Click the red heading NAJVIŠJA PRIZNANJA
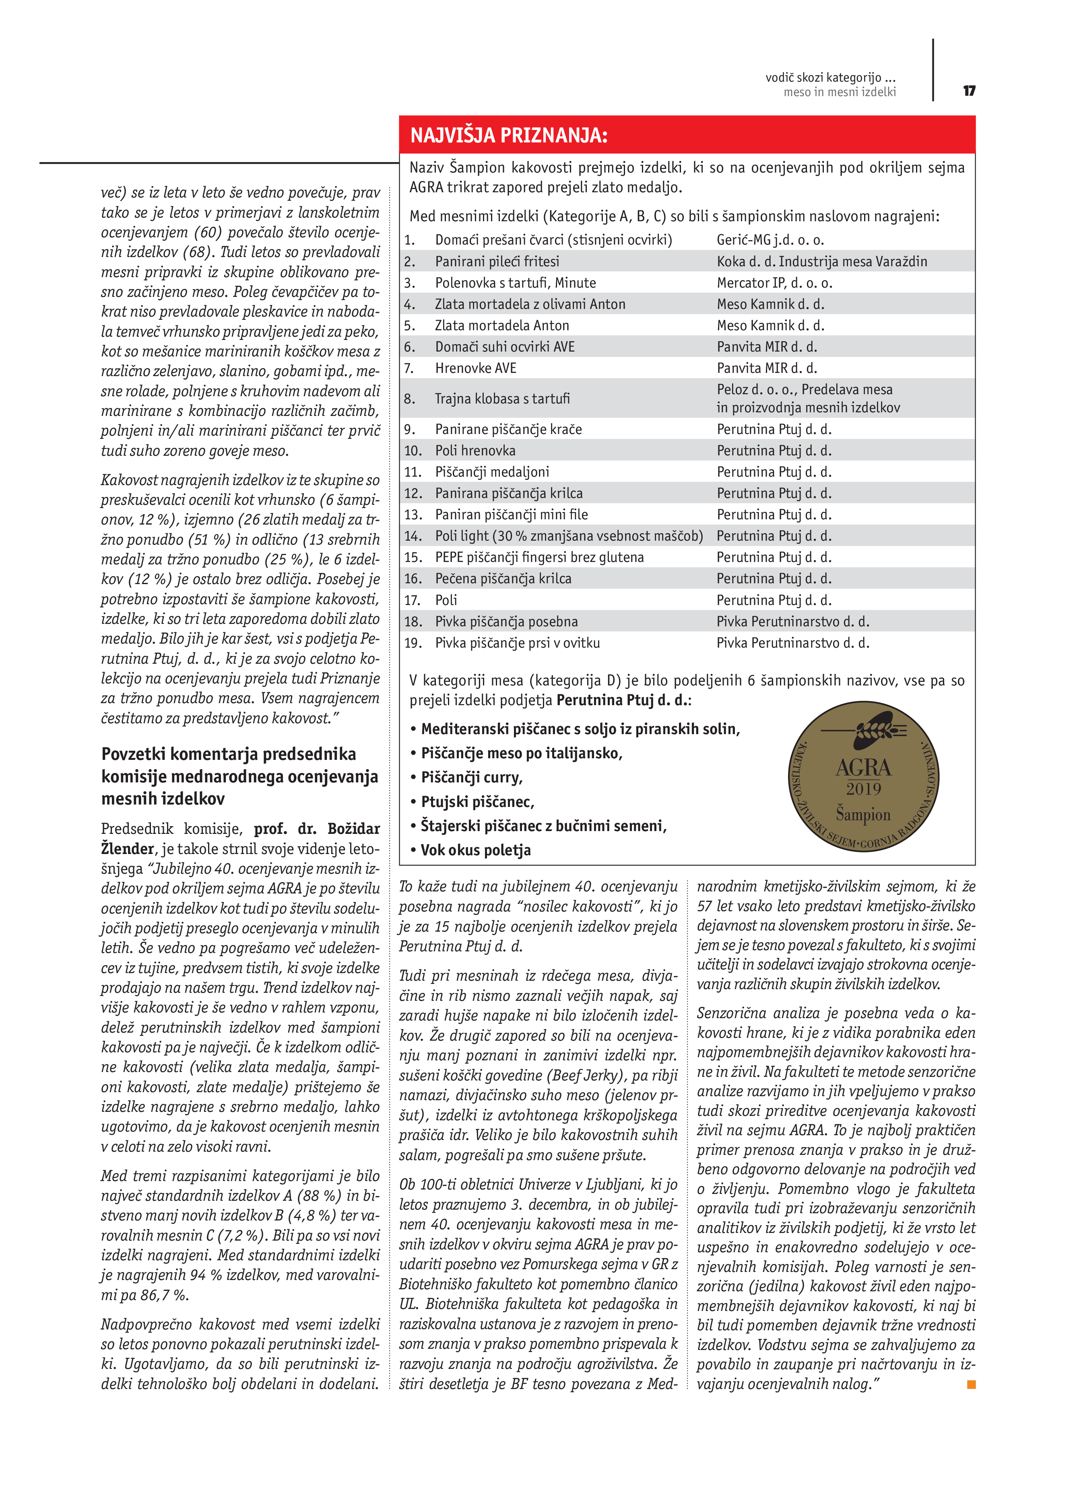[509, 135]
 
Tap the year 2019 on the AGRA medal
[863, 789]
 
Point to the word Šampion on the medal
[863, 815]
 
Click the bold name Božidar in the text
[353, 828]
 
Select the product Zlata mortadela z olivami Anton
[530, 304]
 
